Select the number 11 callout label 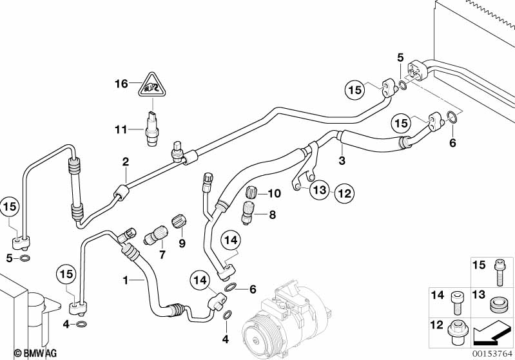point(121,129)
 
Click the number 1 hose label point(126,280)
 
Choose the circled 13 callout point(320,190)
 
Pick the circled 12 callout point(345,191)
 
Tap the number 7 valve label point(162,255)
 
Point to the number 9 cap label point(181,243)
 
